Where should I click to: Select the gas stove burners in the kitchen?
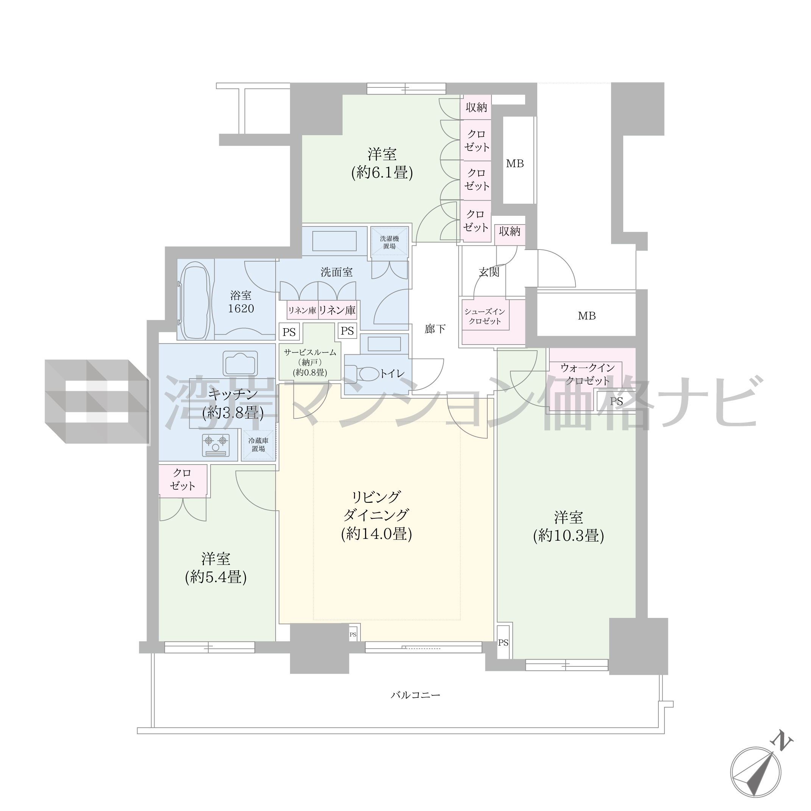pos(216,445)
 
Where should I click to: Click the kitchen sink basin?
pos(240,363)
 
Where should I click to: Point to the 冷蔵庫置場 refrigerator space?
pos(259,444)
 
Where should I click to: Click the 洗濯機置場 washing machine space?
pos(389,242)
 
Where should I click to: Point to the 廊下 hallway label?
pos(435,329)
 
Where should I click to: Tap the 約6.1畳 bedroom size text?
pos(382,173)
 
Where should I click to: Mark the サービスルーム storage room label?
pos(310,352)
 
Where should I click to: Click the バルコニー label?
pos(416,695)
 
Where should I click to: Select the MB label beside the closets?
pos(515,164)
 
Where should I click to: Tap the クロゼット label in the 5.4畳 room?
pos(182,479)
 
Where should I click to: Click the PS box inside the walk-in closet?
pos(616,401)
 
